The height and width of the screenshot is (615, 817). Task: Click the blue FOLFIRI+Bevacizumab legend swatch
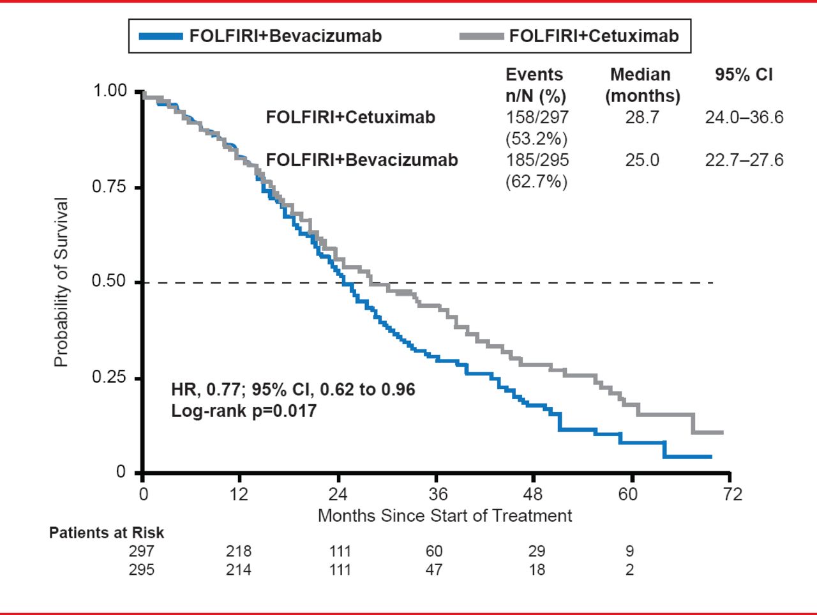coord(161,36)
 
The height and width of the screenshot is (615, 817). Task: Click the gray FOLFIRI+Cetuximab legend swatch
coord(481,36)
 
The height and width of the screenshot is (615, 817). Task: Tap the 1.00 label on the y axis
coord(110,91)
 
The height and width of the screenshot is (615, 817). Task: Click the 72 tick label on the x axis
coord(733,494)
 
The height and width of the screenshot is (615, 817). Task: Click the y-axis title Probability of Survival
coord(61,282)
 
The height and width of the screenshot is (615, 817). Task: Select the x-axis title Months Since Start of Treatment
coord(445,515)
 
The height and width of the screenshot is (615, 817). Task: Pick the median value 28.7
coord(641,118)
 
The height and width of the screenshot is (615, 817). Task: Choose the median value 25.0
coord(641,160)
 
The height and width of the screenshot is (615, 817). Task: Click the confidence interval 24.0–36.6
coord(744,118)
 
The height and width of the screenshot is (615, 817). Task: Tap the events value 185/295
coord(537,160)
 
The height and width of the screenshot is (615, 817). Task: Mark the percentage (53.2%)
coord(536,139)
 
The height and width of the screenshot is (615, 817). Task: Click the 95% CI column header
coord(744,75)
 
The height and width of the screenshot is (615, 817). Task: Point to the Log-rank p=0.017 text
coord(244,411)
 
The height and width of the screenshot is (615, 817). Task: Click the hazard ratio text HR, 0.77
coord(206,390)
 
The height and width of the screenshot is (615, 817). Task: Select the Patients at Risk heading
coord(107,533)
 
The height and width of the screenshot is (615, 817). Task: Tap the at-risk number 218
coord(239,551)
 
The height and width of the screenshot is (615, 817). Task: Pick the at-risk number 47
coord(434,570)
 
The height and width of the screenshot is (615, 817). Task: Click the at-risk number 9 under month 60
coord(630,551)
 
